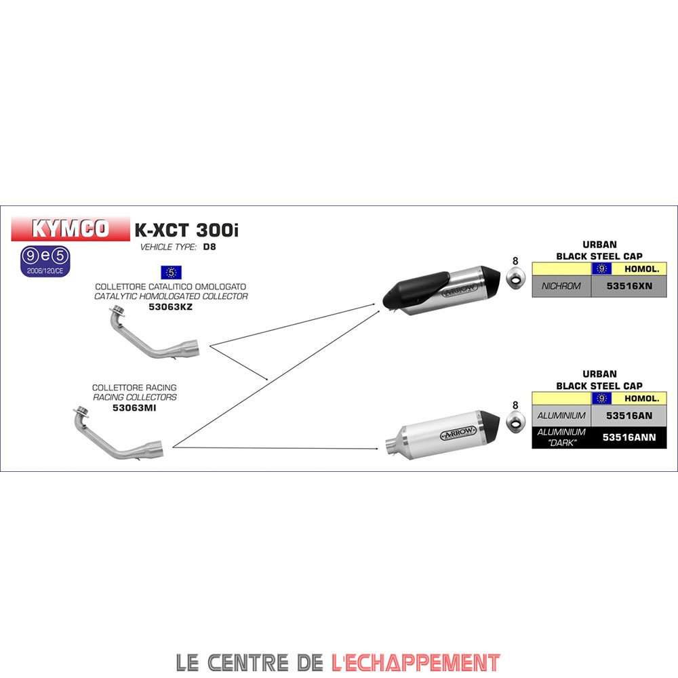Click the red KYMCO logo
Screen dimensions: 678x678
71,229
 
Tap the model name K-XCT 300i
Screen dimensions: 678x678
186,231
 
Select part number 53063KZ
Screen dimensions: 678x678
171,306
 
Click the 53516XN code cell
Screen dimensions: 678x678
629,286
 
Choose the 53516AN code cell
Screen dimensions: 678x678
629,415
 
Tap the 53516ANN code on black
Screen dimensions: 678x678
629,437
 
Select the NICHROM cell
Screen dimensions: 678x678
561,286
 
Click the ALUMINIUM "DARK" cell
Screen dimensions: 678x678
561,437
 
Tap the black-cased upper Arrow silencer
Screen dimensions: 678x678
434,290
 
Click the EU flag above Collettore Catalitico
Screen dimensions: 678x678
171,273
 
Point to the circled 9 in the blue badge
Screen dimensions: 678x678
30,256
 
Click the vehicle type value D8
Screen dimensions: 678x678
209,247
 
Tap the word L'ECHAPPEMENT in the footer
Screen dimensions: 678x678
416,662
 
